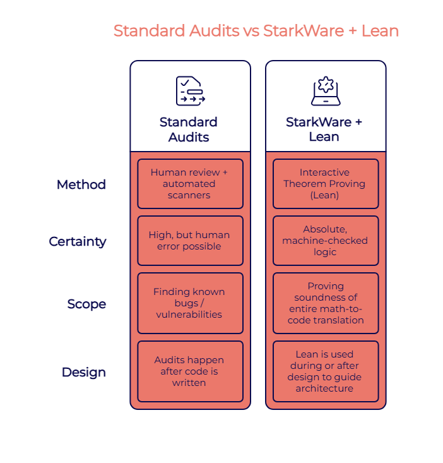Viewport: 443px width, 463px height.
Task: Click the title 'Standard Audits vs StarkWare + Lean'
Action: (256, 30)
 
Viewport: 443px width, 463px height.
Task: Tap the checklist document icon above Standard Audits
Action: (190, 91)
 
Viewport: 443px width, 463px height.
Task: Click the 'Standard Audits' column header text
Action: (189, 129)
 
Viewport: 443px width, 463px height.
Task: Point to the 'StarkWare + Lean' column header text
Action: (324, 129)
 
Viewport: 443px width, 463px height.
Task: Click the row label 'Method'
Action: (81, 184)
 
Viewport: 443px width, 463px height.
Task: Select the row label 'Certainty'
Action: (77, 241)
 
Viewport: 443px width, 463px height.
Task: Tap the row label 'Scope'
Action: (86, 304)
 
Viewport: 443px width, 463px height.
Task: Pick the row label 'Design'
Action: (83, 372)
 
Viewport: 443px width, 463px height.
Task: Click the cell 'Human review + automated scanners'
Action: (190, 184)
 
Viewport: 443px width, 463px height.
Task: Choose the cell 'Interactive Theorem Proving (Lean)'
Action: (326, 184)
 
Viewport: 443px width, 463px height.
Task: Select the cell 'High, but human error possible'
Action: (190, 241)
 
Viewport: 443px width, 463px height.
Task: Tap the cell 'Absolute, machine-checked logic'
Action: (326, 241)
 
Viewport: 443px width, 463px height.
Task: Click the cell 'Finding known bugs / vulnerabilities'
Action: (190, 303)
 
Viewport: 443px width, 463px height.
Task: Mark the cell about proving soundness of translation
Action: (326, 303)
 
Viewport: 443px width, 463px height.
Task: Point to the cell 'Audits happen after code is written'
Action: (190, 371)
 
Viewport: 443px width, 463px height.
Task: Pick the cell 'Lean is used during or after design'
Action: (326, 371)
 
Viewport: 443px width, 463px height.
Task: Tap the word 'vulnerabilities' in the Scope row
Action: (189, 315)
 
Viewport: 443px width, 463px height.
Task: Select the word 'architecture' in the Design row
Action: (324, 388)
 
